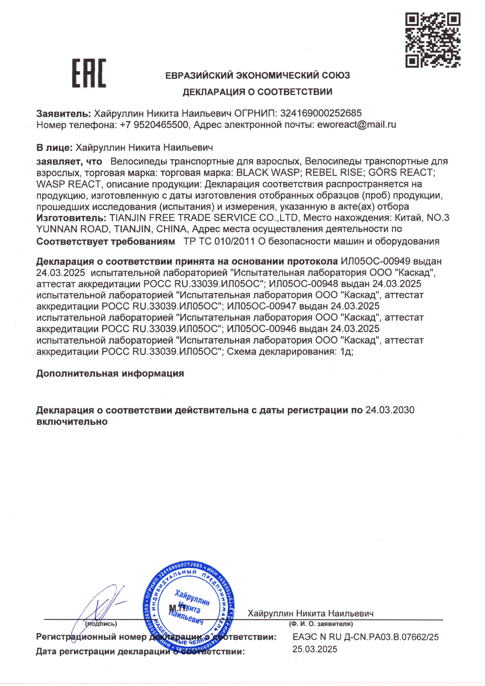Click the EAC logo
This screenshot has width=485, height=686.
pyautogui.click(x=89, y=73)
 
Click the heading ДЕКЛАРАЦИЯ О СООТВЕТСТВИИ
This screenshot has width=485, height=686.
pyautogui.click(x=257, y=92)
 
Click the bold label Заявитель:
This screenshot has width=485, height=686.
pyautogui.click(x=64, y=113)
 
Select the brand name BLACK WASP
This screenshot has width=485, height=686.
pyautogui.click(x=268, y=172)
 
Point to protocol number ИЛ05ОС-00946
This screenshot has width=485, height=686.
pyautogui.click(x=262, y=329)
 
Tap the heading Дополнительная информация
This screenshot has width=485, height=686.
pyautogui.click(x=110, y=373)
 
